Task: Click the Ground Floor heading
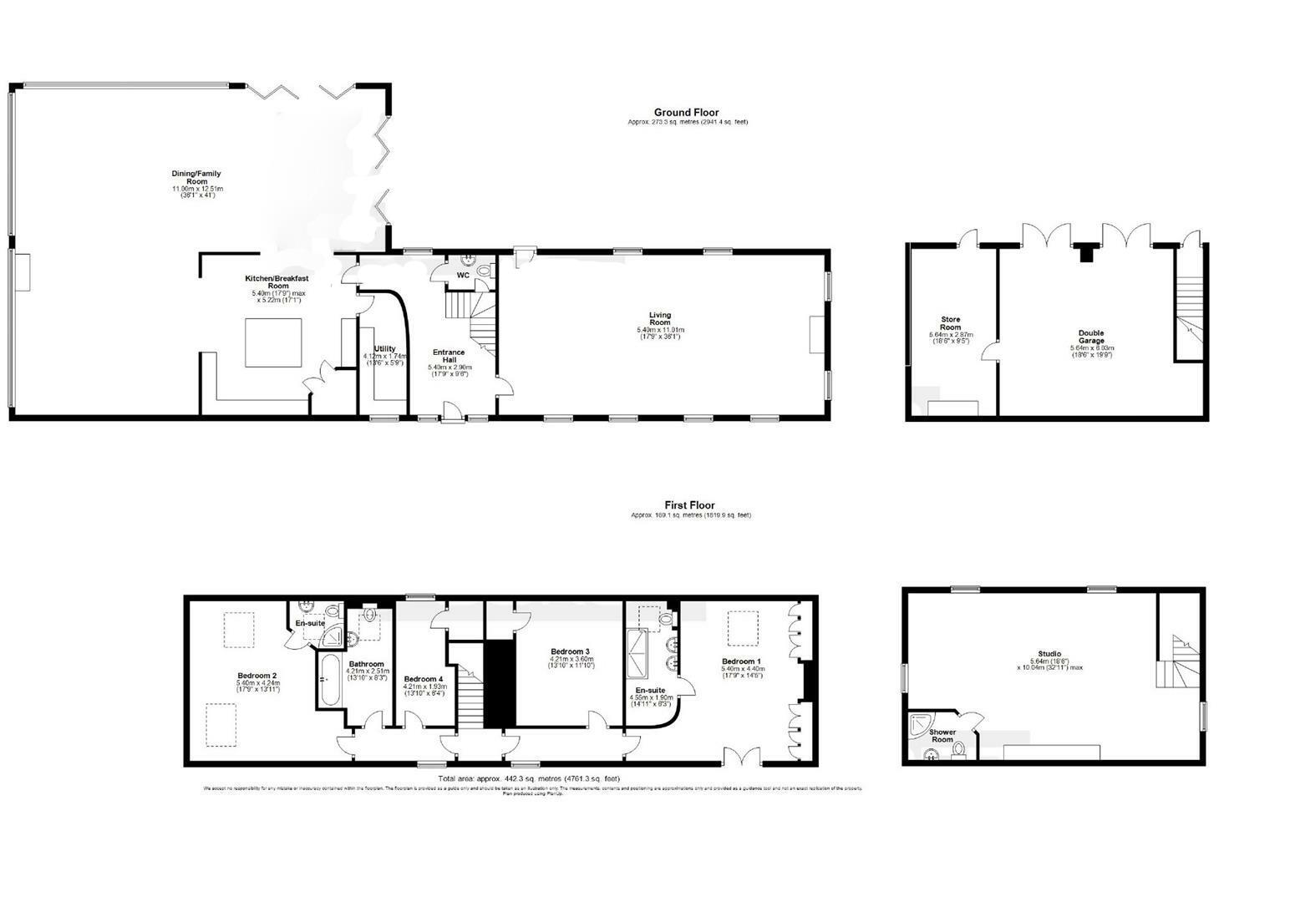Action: [x=685, y=113]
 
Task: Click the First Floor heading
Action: [x=689, y=505]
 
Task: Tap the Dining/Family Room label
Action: [x=196, y=178]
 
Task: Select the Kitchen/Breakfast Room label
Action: [x=266, y=281]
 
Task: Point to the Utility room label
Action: [x=384, y=349]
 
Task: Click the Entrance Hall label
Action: [x=449, y=357]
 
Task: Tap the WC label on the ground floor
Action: [x=463, y=275]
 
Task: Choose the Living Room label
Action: [x=660, y=319]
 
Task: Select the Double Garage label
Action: [x=1091, y=337]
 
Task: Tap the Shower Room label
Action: [x=942, y=736]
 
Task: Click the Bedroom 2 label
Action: [x=257, y=676]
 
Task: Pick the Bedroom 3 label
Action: [x=571, y=651]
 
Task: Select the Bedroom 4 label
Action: [x=424, y=679]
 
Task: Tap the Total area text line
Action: [x=529, y=779]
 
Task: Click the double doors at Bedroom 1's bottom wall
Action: [x=742, y=757]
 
